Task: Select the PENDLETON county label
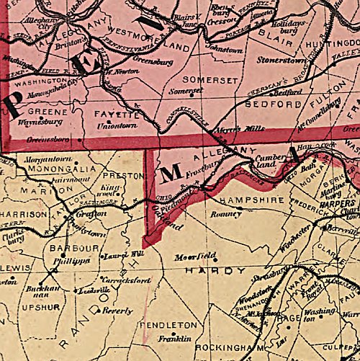pyautogui.click(x=174, y=325)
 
